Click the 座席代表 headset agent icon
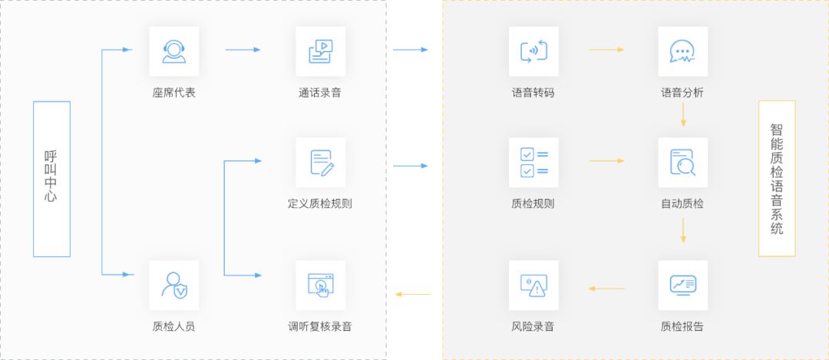click(x=173, y=51)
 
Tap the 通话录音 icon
click(x=320, y=51)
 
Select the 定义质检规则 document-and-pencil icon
click(x=320, y=162)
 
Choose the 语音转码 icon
click(x=533, y=51)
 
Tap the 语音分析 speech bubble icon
click(x=682, y=51)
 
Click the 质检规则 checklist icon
click(x=533, y=162)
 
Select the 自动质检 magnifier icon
click(x=682, y=162)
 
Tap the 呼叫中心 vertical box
click(x=51, y=179)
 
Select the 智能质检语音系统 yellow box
click(x=777, y=178)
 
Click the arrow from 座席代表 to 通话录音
click(x=243, y=50)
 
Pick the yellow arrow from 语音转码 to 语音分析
click(x=606, y=50)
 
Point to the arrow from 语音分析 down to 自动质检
click(x=683, y=115)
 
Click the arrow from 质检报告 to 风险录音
click(x=606, y=289)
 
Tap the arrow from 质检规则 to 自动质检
click(x=606, y=161)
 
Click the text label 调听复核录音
click(x=320, y=326)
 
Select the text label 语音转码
click(x=533, y=93)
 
